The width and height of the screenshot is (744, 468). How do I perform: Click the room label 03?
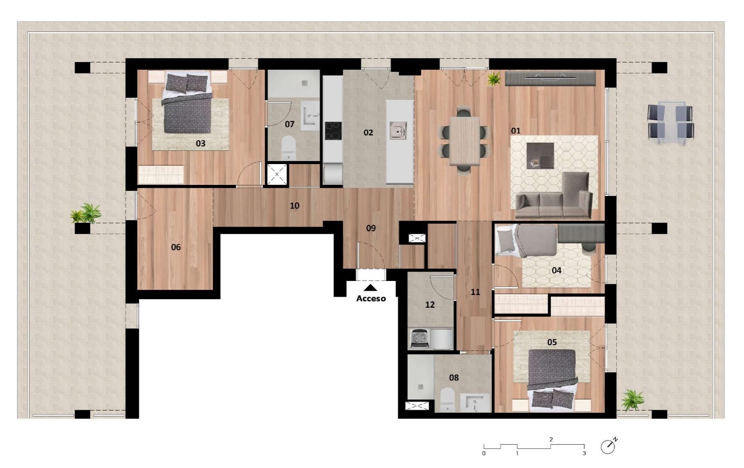[x=201, y=143]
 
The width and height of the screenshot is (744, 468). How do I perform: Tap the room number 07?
[x=289, y=124]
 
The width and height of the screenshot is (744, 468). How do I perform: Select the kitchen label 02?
[x=368, y=133]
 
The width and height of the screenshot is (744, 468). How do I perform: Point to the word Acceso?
[x=371, y=298]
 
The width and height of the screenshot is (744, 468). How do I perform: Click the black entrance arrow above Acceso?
[x=371, y=288]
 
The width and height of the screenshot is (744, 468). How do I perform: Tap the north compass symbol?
[x=608, y=446]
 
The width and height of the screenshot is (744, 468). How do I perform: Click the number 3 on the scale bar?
[x=584, y=453]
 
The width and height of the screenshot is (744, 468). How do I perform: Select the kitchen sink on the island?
[x=398, y=130]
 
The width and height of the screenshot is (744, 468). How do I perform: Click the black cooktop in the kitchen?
[x=333, y=130]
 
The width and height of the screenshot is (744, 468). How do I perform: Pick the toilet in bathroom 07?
[x=289, y=148]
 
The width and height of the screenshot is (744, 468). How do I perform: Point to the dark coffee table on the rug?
[x=540, y=156]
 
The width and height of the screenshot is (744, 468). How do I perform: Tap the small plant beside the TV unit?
[x=494, y=79]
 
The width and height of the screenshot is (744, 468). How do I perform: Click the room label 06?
[x=176, y=247]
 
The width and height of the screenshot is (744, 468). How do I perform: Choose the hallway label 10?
[x=294, y=206]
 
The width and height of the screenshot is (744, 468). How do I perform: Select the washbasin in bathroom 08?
[x=475, y=403]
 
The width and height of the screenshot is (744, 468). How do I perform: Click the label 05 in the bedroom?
[x=552, y=342]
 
